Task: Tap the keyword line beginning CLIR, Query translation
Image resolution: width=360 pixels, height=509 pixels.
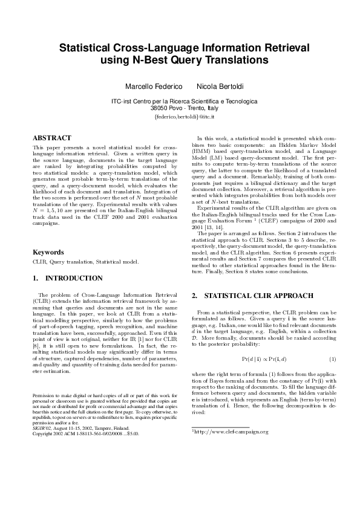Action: [85, 262]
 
